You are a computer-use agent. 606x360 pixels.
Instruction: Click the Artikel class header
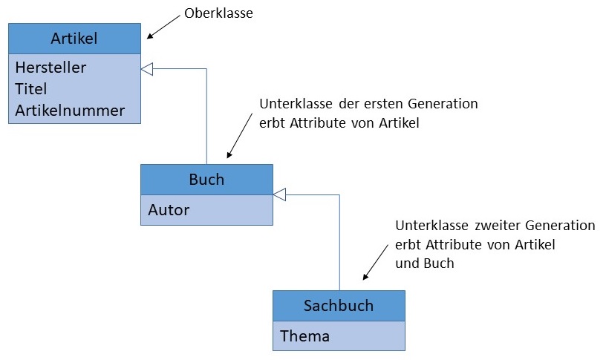(74, 39)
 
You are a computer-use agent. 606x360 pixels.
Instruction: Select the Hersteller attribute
(50, 68)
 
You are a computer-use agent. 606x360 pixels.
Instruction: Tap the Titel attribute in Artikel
(31, 89)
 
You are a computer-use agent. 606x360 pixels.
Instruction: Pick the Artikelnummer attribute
(70, 111)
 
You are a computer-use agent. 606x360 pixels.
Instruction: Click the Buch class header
(206, 180)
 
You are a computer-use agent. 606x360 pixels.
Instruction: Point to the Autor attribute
(169, 209)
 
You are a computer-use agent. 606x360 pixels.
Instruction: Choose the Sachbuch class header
(339, 305)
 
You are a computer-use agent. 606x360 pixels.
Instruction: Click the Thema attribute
(304, 336)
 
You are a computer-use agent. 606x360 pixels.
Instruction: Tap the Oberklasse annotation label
(219, 13)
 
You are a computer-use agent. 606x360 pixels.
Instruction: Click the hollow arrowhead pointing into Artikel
(146, 69)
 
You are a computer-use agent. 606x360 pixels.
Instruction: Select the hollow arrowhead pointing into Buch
(279, 194)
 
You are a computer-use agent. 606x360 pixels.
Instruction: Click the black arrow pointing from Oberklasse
(163, 25)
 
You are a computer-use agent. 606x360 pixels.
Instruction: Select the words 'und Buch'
(425, 264)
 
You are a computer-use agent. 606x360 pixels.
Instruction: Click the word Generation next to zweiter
(560, 225)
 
